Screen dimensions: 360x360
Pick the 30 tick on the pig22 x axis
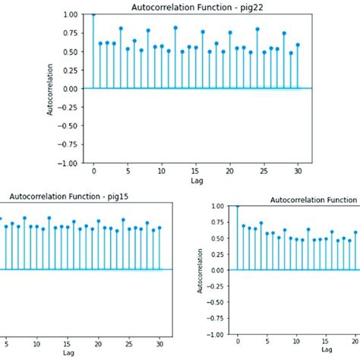tap(298, 172)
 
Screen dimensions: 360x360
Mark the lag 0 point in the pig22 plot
tap(93, 14)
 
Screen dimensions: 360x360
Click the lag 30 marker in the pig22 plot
tap(298, 45)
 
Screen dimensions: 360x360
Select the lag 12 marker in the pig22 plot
tap(175, 28)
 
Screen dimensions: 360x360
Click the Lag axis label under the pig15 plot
tap(68, 353)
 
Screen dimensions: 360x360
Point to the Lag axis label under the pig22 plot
tap(195, 182)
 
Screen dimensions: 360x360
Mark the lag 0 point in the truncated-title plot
tap(238, 206)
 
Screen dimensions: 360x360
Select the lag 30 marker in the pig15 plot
tap(159, 227)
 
